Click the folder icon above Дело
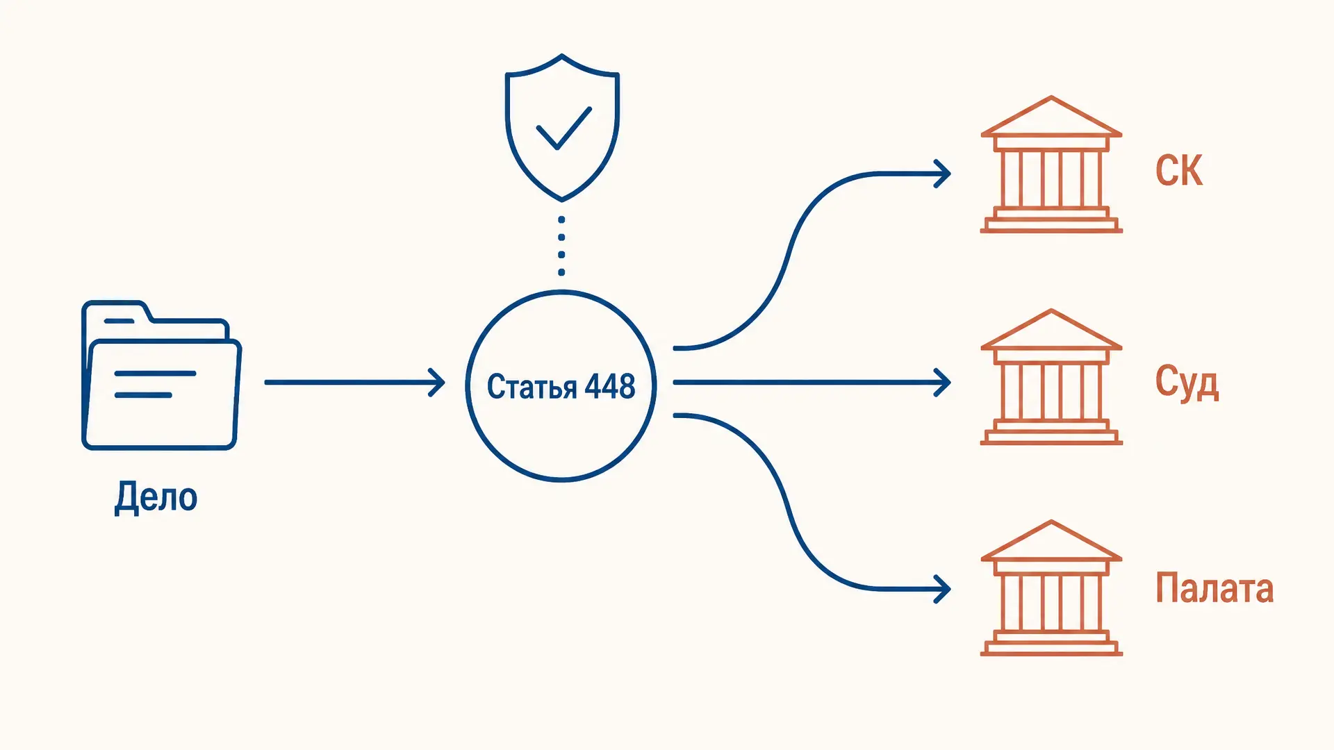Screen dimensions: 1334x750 coord(161,375)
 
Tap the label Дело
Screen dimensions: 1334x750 coord(156,497)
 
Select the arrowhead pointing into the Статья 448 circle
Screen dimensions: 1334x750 coord(437,383)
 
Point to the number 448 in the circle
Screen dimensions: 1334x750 coord(609,386)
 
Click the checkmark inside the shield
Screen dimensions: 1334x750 coord(563,128)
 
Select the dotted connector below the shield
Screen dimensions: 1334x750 coord(561,246)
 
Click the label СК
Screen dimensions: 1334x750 coord(1179,170)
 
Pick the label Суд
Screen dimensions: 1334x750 coord(1187,383)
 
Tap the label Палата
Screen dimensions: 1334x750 coord(1214,588)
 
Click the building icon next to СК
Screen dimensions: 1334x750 coord(1051,164)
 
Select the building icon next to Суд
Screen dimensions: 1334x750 coord(1051,376)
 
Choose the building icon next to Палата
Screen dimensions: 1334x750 coord(1051,587)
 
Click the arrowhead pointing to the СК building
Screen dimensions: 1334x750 coord(942,174)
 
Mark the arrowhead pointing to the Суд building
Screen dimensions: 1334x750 coord(942,383)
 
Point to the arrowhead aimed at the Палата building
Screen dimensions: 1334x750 coord(942,589)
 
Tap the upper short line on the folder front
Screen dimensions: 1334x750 coord(155,374)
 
